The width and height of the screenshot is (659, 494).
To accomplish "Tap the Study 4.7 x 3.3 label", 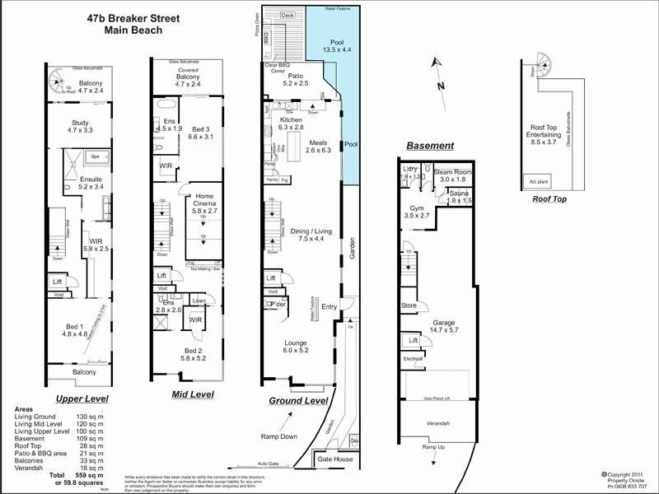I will [80, 127].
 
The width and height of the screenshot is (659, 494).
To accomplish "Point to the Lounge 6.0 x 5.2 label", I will [295, 345].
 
